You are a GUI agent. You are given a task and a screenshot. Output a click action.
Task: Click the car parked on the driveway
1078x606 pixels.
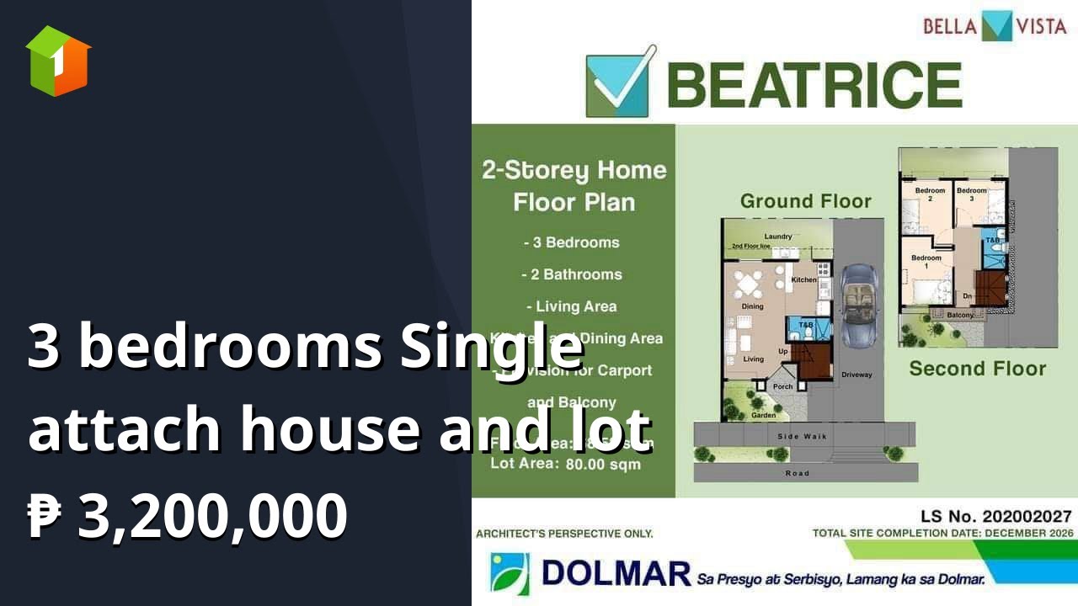[858, 307]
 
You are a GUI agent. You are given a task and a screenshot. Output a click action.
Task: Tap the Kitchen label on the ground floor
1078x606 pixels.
[803, 279]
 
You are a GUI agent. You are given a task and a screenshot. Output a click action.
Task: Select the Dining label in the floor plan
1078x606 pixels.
[752, 306]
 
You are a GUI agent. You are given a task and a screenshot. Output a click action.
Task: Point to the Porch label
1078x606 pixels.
[783, 387]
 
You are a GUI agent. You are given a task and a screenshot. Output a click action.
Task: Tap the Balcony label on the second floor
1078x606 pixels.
[959, 316]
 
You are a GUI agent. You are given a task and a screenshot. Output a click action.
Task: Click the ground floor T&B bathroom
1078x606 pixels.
[806, 326]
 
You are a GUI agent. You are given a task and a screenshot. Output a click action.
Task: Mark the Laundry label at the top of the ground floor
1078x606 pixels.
[778, 237]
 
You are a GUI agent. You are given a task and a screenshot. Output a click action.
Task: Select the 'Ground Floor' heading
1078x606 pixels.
[805, 201]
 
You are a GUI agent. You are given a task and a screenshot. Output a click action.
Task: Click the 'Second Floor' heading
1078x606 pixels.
[977, 369]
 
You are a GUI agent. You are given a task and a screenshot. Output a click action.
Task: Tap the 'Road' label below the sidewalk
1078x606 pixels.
[797, 473]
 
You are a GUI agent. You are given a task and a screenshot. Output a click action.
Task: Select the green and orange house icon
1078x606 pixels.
[58, 61]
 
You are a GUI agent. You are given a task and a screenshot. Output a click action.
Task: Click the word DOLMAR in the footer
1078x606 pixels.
[616, 574]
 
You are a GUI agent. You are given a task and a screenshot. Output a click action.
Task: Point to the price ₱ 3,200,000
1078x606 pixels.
[187, 515]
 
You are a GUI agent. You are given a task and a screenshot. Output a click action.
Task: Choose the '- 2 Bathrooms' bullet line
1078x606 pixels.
[572, 274]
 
